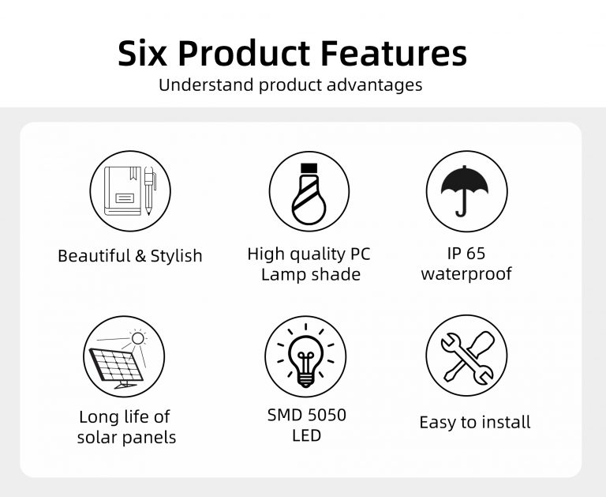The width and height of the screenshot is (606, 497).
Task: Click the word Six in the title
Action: coord(142,53)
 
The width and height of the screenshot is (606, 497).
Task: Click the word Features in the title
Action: coord(394,53)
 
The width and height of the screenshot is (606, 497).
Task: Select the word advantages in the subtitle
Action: coord(374,85)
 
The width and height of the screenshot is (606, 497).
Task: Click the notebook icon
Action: coord(122,191)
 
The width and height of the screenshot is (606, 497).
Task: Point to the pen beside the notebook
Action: coord(149,190)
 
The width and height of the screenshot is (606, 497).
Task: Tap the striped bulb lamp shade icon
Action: coord(309,194)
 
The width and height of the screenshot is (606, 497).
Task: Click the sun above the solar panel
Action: coord(137,338)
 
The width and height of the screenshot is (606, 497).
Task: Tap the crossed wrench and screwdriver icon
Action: coord(468,357)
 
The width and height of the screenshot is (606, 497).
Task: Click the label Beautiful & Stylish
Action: coord(130,256)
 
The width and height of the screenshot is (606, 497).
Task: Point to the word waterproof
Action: coord(466,273)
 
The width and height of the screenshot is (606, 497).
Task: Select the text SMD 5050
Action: coord(307,415)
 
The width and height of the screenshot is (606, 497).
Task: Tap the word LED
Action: coord(306,436)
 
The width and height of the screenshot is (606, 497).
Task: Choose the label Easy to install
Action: coord(474,422)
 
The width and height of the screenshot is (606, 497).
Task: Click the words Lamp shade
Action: coord(311,274)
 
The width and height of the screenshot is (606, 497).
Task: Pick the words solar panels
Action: coord(126,438)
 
